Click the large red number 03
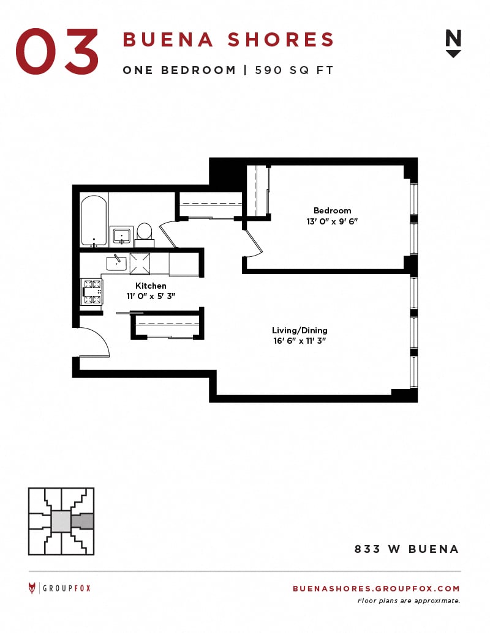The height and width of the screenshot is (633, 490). point(57,51)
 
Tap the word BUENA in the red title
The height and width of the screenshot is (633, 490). point(168,40)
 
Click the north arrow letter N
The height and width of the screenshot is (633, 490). point(453,39)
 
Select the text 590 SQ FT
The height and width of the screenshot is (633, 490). point(294,70)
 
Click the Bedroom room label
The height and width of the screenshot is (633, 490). point(333,210)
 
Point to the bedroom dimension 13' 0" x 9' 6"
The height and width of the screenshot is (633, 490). point(333,221)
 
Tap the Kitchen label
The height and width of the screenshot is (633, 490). point(151,286)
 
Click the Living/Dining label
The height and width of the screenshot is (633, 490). point(300,330)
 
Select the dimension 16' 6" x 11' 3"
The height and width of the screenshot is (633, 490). point(300,341)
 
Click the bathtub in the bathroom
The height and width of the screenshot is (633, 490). point(94,220)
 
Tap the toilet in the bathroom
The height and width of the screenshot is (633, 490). point(145,235)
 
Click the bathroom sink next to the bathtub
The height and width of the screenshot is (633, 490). point(121,235)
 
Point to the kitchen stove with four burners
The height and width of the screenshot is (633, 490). point(92,292)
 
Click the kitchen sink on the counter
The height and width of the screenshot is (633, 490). point(116,264)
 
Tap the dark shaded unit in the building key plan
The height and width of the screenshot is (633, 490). point(83,522)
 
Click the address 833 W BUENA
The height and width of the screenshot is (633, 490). point(407,549)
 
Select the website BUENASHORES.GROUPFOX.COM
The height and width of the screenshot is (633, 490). point(377,588)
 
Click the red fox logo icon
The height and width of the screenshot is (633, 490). point(32,588)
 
